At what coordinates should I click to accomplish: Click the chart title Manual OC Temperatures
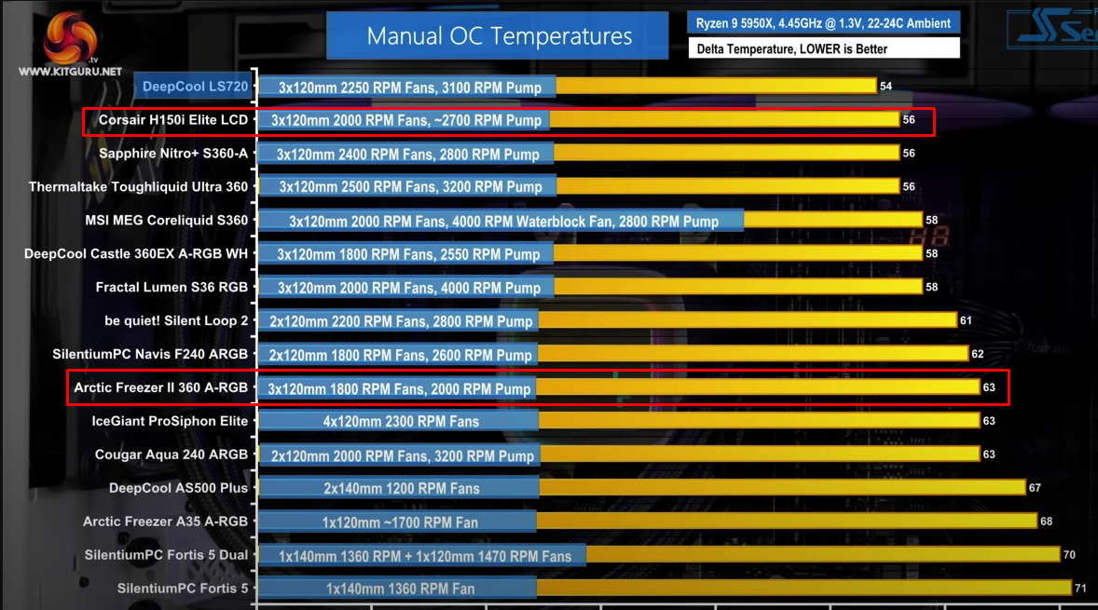click(x=499, y=36)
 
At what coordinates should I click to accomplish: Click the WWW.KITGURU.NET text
click(x=70, y=71)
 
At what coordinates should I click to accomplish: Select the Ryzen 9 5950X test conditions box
click(x=823, y=23)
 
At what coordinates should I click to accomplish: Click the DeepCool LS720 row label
click(x=195, y=87)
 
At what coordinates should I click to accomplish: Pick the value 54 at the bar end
click(x=885, y=87)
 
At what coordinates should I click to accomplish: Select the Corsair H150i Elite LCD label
click(x=173, y=120)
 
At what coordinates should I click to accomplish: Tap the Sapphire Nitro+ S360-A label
click(x=173, y=154)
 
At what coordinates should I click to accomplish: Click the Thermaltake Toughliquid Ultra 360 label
click(x=139, y=187)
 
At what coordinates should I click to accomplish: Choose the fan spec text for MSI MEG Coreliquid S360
click(x=503, y=222)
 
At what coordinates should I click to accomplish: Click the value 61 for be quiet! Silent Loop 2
click(x=966, y=320)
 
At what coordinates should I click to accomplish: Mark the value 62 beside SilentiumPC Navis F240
click(x=977, y=354)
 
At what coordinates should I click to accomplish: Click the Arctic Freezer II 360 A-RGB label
click(x=161, y=387)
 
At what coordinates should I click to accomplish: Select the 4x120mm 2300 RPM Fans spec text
click(x=401, y=421)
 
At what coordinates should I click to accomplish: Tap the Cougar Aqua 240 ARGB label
click(x=172, y=454)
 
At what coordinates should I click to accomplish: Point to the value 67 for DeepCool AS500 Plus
click(x=1035, y=488)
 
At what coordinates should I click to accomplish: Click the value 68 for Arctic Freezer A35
click(x=1046, y=522)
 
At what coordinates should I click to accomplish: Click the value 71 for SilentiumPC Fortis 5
click(x=1080, y=589)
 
